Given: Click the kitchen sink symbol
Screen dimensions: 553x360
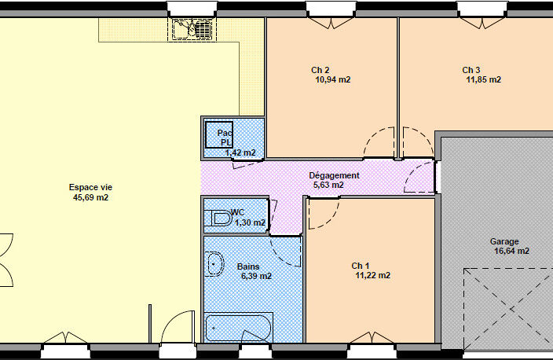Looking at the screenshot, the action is pyautogui.click(x=192, y=28).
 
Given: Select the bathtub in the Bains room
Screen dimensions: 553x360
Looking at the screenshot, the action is pyautogui.click(x=239, y=328).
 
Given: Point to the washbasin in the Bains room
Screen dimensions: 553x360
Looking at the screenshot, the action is pyautogui.click(x=214, y=264).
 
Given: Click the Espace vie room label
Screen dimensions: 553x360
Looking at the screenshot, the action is pyautogui.click(x=90, y=187).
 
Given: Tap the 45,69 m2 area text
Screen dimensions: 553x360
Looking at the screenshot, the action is pyautogui.click(x=90, y=197).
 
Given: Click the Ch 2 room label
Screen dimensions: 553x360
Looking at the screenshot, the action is pyautogui.click(x=320, y=70).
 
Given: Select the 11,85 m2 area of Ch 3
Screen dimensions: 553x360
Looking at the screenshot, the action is pyautogui.click(x=484, y=79).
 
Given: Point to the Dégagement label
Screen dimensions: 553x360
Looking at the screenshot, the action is pyautogui.click(x=334, y=175).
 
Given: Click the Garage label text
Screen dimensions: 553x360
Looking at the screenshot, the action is pyautogui.click(x=504, y=242).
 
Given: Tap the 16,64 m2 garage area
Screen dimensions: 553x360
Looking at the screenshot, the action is pyautogui.click(x=511, y=251).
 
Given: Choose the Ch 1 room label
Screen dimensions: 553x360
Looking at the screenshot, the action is pyautogui.click(x=361, y=266).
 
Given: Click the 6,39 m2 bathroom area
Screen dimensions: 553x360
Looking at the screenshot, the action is pyautogui.click(x=256, y=276).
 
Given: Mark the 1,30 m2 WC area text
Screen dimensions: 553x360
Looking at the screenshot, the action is pyautogui.click(x=250, y=222).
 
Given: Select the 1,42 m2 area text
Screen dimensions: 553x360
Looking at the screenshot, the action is pyautogui.click(x=240, y=152).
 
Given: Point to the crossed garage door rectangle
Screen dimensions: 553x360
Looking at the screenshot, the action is pyautogui.click(x=508, y=309).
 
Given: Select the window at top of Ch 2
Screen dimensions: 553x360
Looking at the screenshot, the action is pyautogui.click(x=331, y=9).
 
